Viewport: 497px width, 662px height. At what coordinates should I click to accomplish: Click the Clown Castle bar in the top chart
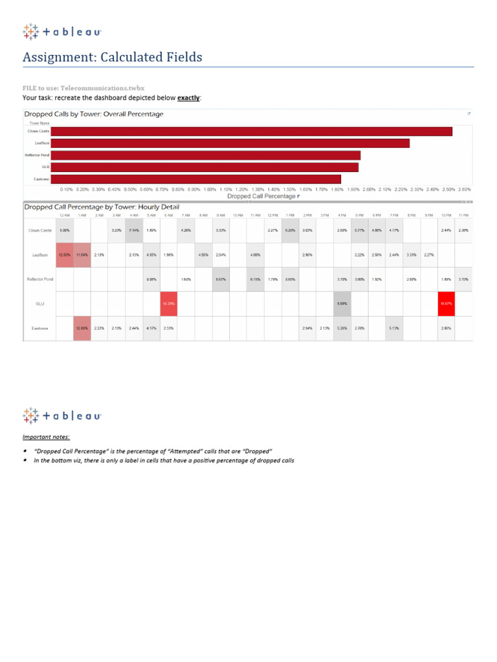click(251, 131)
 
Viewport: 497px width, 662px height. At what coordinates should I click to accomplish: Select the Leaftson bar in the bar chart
click(230, 143)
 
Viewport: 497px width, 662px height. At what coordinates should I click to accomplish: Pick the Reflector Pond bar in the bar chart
click(205, 155)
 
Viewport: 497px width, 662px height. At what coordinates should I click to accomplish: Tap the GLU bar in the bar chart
click(204, 167)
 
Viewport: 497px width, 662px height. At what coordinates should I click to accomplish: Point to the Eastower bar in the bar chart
click(195, 179)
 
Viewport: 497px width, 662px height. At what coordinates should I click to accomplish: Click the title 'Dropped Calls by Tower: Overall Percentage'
click(94, 114)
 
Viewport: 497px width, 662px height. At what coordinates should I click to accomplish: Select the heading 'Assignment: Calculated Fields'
click(112, 58)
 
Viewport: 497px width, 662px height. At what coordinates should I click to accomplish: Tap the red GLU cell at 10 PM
click(446, 303)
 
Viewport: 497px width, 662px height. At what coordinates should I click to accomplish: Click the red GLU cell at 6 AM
click(168, 303)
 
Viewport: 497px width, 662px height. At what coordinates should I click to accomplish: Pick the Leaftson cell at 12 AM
click(65, 255)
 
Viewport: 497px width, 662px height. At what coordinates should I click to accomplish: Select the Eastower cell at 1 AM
click(82, 328)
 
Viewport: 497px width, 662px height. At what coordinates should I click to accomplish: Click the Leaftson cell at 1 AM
click(82, 255)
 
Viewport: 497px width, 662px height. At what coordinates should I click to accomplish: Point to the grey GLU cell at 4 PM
click(342, 303)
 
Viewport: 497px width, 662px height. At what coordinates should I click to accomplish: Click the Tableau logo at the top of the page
click(61, 32)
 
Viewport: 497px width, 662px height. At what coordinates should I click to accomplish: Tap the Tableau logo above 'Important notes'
click(61, 415)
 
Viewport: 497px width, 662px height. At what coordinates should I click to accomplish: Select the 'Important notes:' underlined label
click(46, 437)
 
